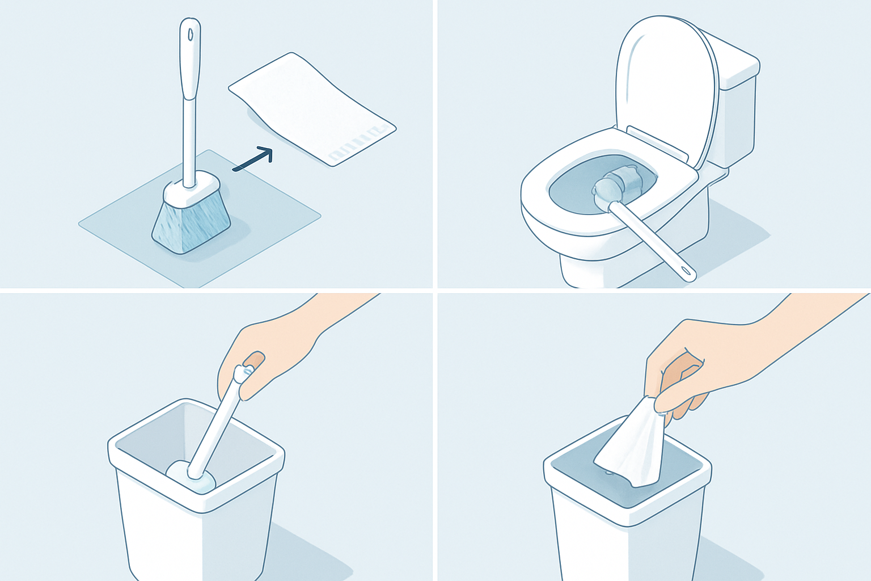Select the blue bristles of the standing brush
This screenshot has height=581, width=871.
(191, 224)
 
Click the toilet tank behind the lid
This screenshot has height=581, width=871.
(737, 113)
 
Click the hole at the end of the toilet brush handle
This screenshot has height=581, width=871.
(688, 275)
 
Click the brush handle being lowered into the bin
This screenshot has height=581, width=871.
(215, 426)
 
